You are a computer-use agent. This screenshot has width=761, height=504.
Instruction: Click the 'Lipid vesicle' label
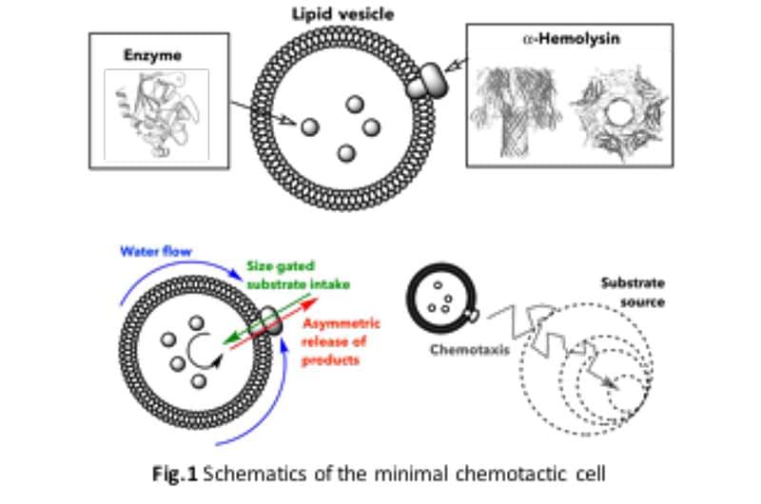342,14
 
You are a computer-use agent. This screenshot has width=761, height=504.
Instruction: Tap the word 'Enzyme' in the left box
153,55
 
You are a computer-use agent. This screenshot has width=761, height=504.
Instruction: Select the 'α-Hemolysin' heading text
572,38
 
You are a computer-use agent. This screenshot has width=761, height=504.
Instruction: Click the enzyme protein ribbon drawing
156,115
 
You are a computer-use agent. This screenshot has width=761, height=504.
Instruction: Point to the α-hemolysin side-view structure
516,111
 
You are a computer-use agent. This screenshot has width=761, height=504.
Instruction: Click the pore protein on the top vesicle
427,82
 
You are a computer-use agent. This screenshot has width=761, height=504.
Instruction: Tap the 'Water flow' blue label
156,251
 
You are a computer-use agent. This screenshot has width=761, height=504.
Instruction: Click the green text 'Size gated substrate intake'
298,275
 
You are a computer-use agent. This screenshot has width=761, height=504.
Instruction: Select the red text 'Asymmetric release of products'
341,342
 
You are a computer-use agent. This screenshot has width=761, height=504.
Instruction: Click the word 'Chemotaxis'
470,350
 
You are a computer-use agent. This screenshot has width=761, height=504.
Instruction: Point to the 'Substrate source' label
633,293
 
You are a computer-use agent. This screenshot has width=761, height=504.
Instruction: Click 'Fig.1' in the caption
175,474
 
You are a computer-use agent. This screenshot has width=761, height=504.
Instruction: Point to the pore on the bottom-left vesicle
271,320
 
